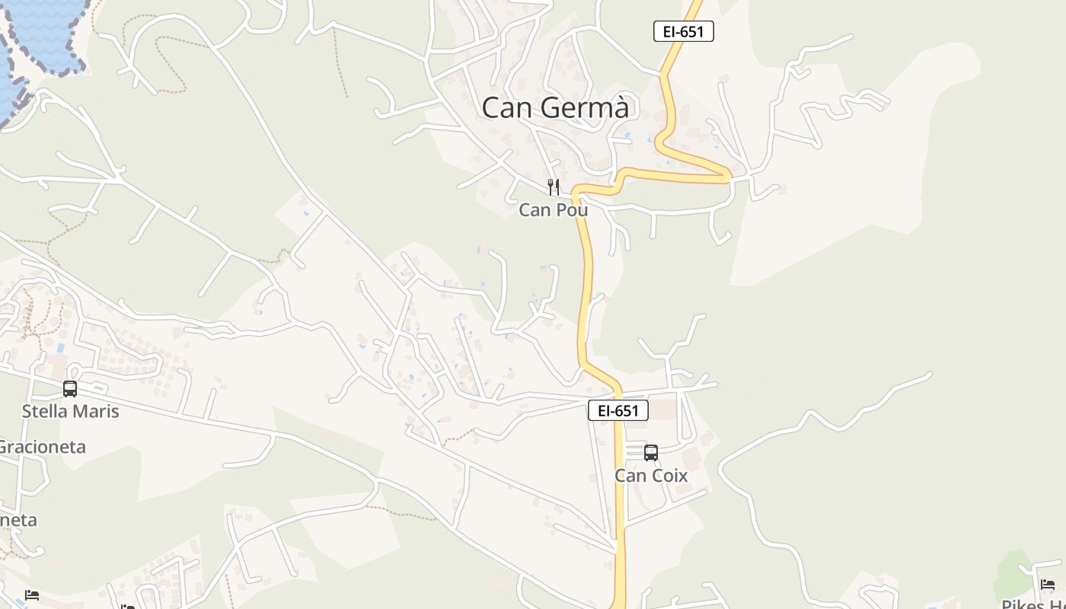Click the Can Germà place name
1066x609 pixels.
[555, 107]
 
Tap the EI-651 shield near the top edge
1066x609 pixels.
[683, 31]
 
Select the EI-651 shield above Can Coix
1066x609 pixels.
[618, 410]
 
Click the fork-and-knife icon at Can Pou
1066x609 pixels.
[554, 187]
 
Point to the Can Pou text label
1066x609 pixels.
[554, 209]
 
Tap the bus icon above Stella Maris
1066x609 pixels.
[70, 389]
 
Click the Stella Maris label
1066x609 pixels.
[71, 411]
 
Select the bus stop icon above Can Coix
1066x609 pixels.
[651, 453]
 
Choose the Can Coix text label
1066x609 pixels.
[651, 476]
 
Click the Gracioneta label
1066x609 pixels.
[42, 447]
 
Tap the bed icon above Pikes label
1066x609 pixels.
[1048, 585]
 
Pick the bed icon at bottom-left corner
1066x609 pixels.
[31, 595]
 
